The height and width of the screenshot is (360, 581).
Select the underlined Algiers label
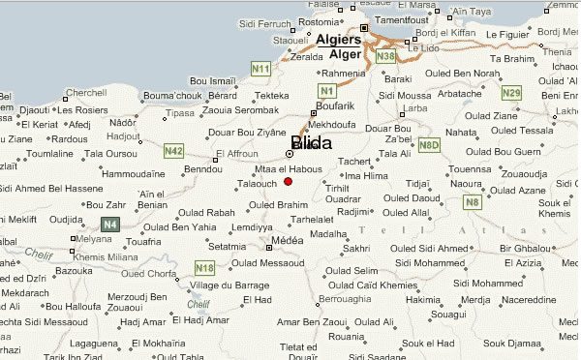(x=338, y=40)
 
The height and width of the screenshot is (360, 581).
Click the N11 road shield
(x=260, y=69)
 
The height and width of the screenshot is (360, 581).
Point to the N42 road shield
(x=174, y=150)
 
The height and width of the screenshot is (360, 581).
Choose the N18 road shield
(x=204, y=267)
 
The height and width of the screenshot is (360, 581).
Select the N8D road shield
(x=429, y=144)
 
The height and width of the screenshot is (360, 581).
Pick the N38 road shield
(x=385, y=57)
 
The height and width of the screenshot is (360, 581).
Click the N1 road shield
(x=326, y=90)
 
